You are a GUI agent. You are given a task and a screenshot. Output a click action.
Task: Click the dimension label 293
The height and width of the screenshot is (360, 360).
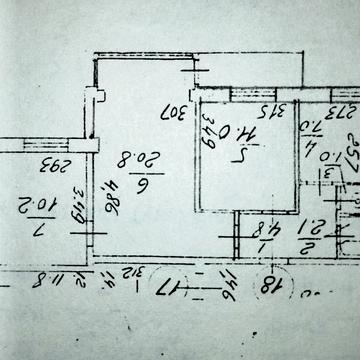pyautogui.click(x=49, y=165)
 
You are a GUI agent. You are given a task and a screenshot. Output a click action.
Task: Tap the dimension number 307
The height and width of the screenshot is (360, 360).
pyautogui.click(x=176, y=108)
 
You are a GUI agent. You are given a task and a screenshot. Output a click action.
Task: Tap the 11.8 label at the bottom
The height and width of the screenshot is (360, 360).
pyautogui.click(x=47, y=282)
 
